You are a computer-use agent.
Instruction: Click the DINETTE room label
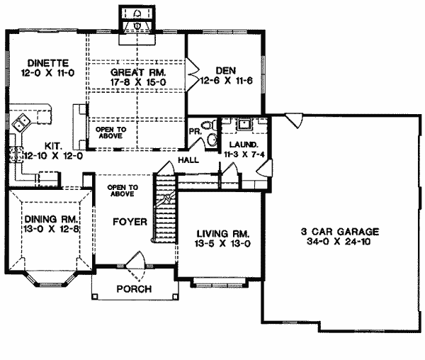point(48,63)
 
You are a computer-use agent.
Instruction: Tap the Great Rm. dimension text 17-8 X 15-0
point(138,82)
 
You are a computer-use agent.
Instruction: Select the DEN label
point(225,71)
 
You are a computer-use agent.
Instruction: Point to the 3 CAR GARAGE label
point(340,232)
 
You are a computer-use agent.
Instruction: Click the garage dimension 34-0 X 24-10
point(339,241)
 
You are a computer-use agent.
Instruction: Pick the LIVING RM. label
point(223,234)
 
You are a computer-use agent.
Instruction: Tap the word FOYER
point(130,222)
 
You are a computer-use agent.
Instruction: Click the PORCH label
point(134,289)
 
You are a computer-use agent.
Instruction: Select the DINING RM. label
point(52,219)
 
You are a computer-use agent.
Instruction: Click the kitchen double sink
point(21,123)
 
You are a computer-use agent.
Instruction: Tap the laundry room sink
point(245,124)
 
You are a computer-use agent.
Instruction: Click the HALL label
point(188,160)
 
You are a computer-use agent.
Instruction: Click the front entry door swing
point(136,266)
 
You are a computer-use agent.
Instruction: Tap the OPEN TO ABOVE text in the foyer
point(123,191)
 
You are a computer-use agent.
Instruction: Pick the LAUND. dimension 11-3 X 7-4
point(244,154)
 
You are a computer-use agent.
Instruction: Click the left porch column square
point(94,296)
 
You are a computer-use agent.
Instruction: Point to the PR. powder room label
point(195,132)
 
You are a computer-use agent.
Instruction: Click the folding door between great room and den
point(192,74)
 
